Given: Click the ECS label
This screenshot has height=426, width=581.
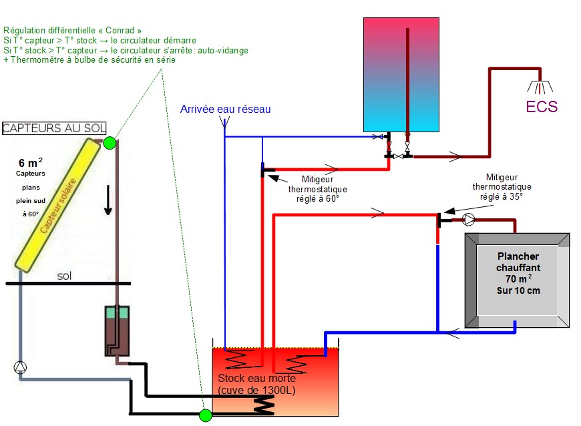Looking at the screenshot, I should click(541, 107).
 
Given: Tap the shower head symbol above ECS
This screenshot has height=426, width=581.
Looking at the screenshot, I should click(542, 87).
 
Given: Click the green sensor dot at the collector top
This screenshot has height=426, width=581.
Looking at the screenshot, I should click(110, 142).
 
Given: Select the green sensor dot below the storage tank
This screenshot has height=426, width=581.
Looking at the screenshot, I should click(205, 415).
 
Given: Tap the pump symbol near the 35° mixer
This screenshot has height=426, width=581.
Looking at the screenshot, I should click(469, 218).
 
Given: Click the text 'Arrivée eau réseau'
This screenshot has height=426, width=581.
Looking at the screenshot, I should click(226, 109).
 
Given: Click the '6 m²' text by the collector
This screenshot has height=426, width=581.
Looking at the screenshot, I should click(31, 162).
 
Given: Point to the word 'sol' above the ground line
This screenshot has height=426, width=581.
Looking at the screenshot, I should click(65, 275).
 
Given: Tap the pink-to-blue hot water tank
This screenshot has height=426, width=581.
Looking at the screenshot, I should click(401, 74).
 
